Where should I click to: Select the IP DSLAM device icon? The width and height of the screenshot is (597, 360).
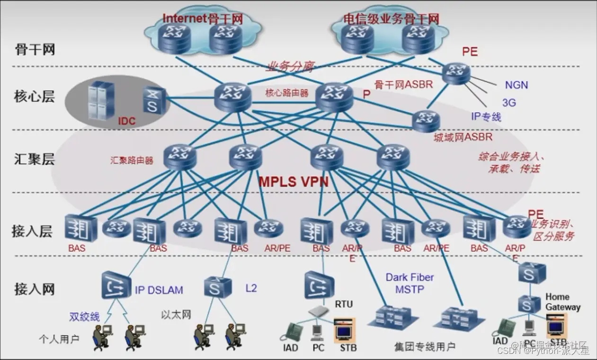point(116,285)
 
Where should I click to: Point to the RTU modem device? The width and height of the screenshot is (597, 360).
point(319,311)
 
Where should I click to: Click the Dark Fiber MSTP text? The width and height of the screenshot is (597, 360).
point(410,283)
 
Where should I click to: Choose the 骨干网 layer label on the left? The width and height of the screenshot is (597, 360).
point(35,49)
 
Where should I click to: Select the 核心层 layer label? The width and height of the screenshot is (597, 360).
point(35,97)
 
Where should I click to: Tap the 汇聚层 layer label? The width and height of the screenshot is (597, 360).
point(35,159)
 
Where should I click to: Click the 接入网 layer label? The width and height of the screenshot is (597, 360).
point(35,289)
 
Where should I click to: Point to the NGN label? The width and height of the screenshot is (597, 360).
point(516,86)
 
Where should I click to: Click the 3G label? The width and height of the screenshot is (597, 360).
point(509,102)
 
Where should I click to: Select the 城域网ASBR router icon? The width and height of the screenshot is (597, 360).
point(426,121)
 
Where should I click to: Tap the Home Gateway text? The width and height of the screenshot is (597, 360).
point(563,302)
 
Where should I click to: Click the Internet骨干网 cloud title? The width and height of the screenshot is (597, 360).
point(203,18)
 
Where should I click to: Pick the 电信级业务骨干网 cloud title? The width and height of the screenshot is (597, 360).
point(392,19)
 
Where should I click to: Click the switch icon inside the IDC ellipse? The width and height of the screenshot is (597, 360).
point(154,101)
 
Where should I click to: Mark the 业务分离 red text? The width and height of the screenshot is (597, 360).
point(290,66)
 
